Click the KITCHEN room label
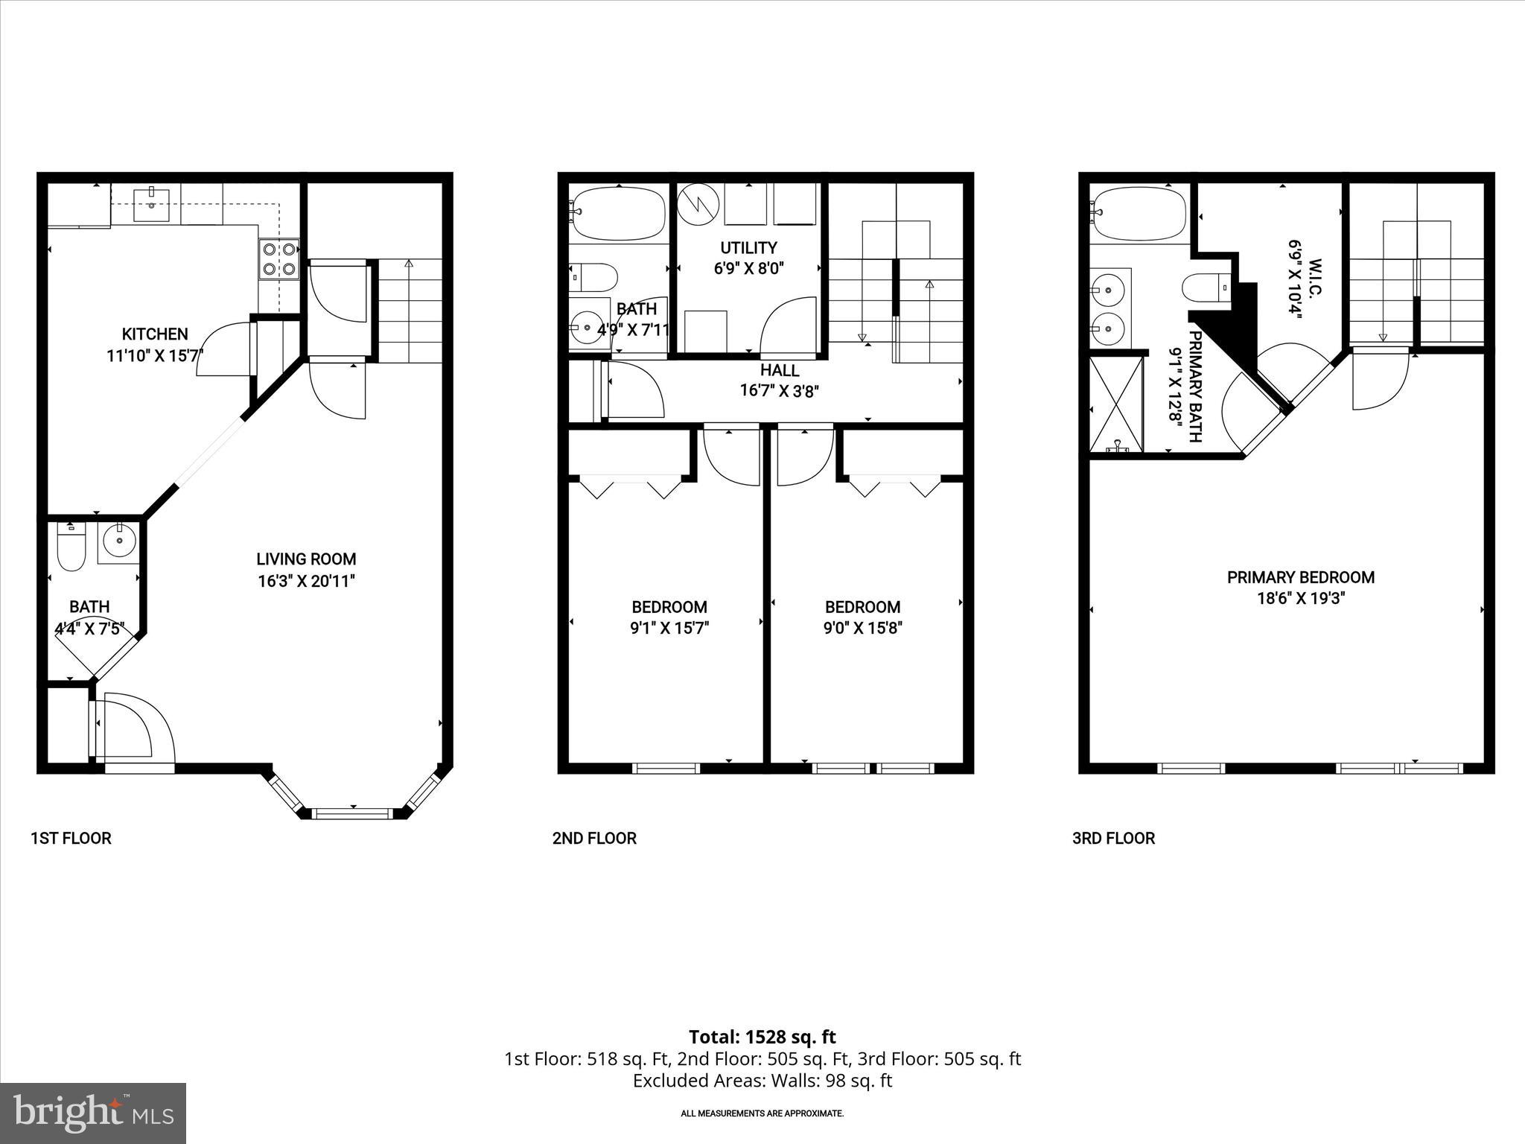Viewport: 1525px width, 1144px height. coord(155,334)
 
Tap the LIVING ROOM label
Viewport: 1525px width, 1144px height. coord(306,559)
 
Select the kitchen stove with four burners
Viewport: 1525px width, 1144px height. coord(278,258)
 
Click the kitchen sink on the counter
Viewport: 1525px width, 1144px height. coord(152,206)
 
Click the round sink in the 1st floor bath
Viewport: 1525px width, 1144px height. coord(118,540)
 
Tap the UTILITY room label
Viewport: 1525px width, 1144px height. coord(748,248)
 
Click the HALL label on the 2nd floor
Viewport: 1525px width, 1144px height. coord(780,371)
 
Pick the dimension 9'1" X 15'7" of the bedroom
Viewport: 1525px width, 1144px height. coord(669,629)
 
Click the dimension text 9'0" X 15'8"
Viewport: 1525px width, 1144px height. coord(862,629)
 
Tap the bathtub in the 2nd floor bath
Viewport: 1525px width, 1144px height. coord(617,213)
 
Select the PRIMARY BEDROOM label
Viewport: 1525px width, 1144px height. coord(1300,577)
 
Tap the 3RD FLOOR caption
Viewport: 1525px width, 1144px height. coord(1113,839)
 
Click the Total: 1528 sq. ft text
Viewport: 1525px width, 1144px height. coord(762,1037)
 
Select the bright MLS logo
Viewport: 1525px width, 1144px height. coord(93,1113)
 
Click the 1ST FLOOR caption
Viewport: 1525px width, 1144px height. coord(71,839)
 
